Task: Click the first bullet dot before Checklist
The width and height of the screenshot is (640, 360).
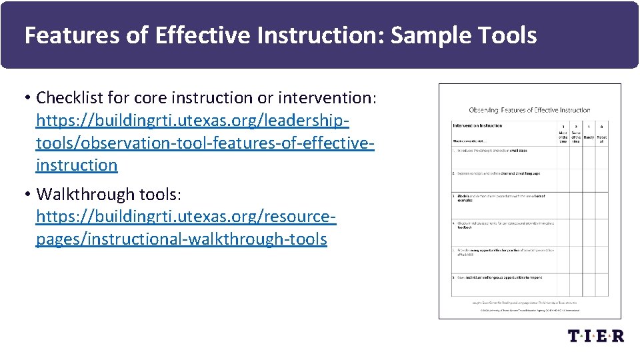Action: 27,99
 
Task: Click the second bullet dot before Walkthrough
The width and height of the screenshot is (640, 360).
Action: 27,195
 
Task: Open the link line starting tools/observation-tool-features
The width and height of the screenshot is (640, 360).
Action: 205,143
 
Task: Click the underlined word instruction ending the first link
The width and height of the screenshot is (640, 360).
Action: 77,165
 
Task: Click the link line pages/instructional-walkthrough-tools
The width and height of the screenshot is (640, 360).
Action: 181,239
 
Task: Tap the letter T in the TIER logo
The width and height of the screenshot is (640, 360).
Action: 575,335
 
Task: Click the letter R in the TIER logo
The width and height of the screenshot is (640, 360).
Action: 617,335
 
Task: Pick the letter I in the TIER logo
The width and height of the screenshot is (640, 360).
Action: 589,335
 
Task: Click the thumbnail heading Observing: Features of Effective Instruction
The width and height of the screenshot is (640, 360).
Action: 529,110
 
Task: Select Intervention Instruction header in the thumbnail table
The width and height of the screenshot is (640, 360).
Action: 477,125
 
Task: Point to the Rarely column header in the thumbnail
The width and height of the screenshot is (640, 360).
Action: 589,137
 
